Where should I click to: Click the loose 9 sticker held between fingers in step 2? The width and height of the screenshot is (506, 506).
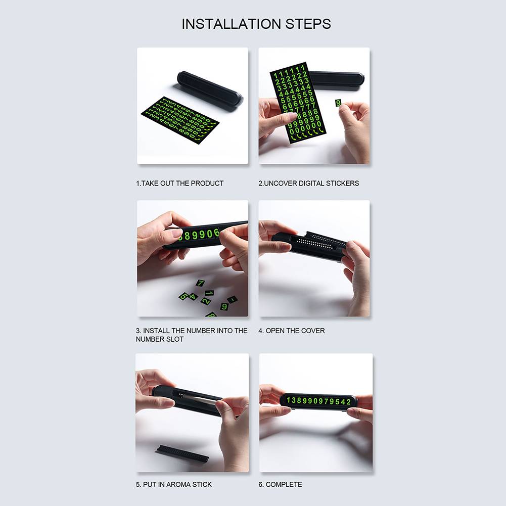pyautogui.click(x=338, y=103)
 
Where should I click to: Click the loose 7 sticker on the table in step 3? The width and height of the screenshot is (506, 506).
pyautogui.click(x=200, y=283)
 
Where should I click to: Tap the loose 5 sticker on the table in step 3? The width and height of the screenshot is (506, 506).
pyautogui.click(x=183, y=296)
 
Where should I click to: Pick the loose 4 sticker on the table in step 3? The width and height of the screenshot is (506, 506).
pyautogui.click(x=193, y=296)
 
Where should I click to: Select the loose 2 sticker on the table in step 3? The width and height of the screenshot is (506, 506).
pyautogui.click(x=206, y=301)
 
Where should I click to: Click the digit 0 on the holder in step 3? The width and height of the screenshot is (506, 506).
pyautogui.click(x=209, y=234)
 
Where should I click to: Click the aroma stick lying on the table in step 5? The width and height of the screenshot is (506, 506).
pyautogui.click(x=182, y=453)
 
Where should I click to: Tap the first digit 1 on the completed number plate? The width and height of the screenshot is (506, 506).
pyautogui.click(x=289, y=400)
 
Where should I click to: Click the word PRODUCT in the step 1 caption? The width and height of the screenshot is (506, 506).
pyautogui.click(x=207, y=183)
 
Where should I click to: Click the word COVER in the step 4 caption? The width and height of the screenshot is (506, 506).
pyautogui.click(x=313, y=331)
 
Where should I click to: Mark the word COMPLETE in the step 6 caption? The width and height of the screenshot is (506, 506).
pyautogui.click(x=284, y=484)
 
